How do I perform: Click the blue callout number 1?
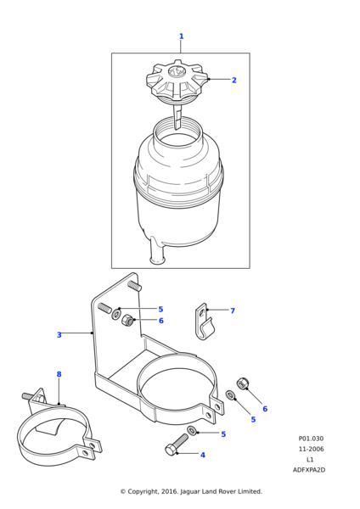182,36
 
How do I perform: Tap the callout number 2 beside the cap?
234,81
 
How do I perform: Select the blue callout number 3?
59,335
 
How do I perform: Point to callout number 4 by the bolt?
203,455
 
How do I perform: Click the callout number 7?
233,310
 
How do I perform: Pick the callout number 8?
59,374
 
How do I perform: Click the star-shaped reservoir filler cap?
177,81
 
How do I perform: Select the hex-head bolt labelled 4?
177,445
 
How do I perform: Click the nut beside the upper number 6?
127,321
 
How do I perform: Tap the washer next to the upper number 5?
116,314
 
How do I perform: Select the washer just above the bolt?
192,431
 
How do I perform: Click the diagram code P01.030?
311,439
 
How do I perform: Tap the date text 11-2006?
312,449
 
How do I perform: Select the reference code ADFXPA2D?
309,470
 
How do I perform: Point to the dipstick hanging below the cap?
177,116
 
